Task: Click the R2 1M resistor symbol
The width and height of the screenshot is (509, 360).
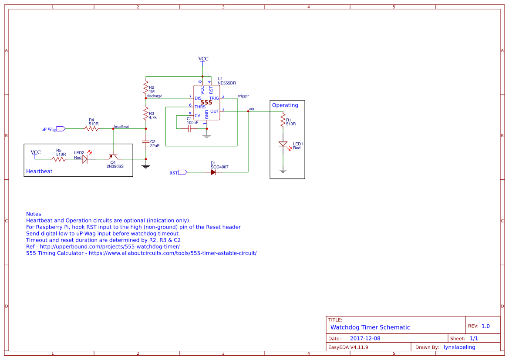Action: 146,88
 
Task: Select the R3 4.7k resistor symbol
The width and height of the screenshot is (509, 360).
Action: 146,114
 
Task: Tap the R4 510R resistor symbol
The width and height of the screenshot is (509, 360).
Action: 91,128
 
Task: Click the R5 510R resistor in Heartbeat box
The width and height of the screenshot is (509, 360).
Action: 59,159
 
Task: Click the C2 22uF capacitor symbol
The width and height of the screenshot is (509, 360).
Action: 146,142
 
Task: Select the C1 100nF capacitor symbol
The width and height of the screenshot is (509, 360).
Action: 190,128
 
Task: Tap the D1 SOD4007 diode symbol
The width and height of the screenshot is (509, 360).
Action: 213,172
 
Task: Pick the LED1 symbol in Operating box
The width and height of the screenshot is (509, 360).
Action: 283,144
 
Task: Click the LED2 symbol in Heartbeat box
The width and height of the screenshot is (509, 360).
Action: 85,159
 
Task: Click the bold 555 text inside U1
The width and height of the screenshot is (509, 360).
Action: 206,103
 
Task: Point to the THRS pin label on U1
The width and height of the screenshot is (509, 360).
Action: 200,107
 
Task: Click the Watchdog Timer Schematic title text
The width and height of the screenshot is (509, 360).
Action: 370,327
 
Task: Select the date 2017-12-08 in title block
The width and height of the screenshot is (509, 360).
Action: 365,338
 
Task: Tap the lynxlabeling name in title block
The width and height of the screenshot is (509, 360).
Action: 459,347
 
